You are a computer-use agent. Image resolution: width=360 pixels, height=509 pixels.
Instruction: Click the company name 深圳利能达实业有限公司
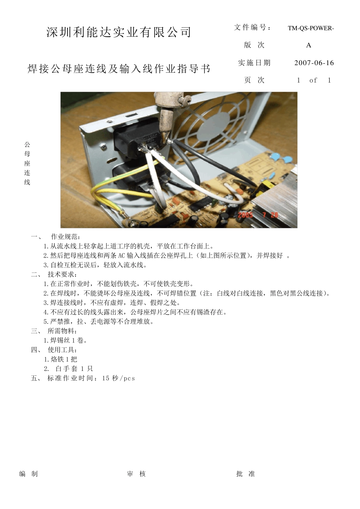pyautogui.click(x=119, y=33)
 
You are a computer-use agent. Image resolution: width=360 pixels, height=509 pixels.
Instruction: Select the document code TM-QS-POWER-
pyautogui.click(x=311, y=28)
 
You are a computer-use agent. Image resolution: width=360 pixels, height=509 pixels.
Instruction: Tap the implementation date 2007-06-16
pyautogui.click(x=314, y=63)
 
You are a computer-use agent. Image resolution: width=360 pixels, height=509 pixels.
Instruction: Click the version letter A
pyautogui.click(x=309, y=45)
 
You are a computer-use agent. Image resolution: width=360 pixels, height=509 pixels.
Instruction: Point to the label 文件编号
pyautogui.click(x=252, y=27)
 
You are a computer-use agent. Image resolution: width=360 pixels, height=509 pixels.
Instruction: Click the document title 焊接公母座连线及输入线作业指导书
pyautogui.click(x=119, y=69)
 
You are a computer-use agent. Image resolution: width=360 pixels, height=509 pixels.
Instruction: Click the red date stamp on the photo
pyautogui.click(x=258, y=215)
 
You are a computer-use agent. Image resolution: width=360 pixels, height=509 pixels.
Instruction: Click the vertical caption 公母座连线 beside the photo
pyautogui.click(x=27, y=163)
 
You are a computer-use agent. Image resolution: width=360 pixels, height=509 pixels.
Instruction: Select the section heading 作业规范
pyautogui.click(x=64, y=237)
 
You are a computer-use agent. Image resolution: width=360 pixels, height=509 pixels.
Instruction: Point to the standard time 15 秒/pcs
pyautogui.click(x=118, y=378)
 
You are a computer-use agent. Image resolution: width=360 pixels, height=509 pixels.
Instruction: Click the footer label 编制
pyautogui.click(x=28, y=474)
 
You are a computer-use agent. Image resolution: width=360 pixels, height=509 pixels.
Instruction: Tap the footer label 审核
pyautogui.click(x=136, y=474)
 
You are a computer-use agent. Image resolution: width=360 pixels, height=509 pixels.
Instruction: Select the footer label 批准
pyautogui.click(x=246, y=474)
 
